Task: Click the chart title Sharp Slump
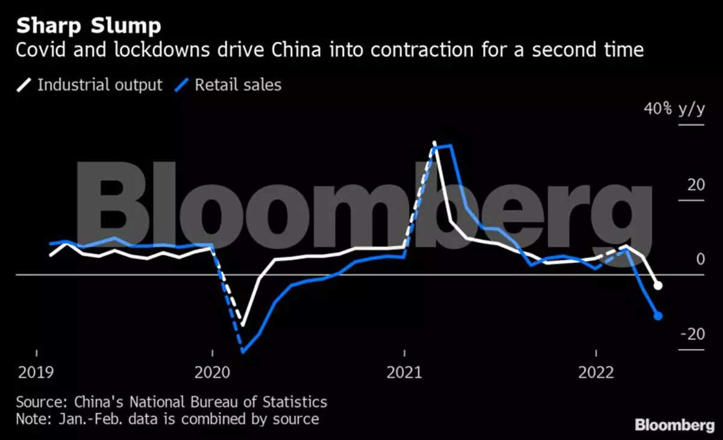pyautogui.click(x=89, y=27)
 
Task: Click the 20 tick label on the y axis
pyautogui.click(x=696, y=184)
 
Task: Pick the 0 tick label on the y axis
pyautogui.click(x=700, y=259)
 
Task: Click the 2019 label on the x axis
pyautogui.click(x=36, y=372)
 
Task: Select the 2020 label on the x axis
pyautogui.click(x=213, y=372)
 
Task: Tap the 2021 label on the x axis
pyautogui.click(x=404, y=372)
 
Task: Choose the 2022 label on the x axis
pyautogui.click(x=596, y=372)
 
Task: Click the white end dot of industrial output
pyautogui.click(x=658, y=286)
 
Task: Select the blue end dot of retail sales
pyautogui.click(x=658, y=316)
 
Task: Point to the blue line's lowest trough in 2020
pyautogui.click(x=243, y=350)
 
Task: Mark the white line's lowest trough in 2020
pyautogui.click(x=243, y=325)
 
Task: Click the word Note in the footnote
pyautogui.click(x=31, y=418)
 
